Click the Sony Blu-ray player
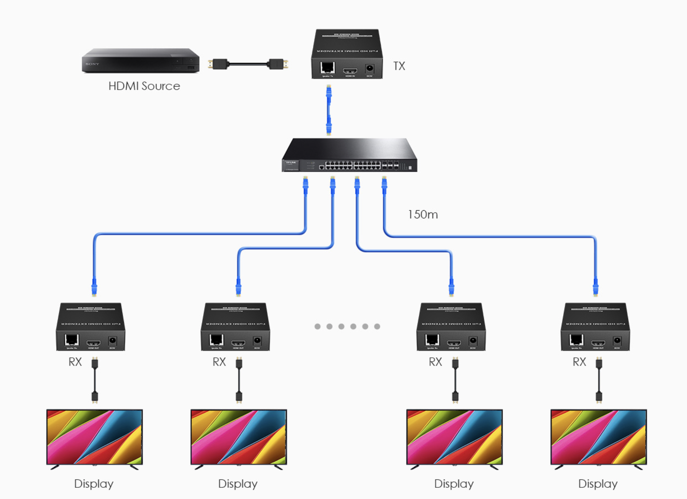(140, 61)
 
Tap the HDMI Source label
(144, 86)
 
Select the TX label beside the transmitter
(399, 66)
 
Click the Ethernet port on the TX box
(327, 67)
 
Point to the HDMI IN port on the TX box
(350, 70)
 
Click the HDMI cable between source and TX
(248, 64)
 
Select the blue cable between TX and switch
(329, 110)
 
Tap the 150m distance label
(423, 214)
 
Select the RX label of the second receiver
(219, 362)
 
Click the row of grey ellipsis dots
(347, 327)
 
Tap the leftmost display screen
(94, 437)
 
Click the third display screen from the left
(454, 437)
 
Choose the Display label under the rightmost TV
(598, 484)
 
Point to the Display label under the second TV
(238, 484)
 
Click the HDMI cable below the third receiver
(455, 380)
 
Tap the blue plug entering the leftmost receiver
(94, 287)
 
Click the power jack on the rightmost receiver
(617, 341)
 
